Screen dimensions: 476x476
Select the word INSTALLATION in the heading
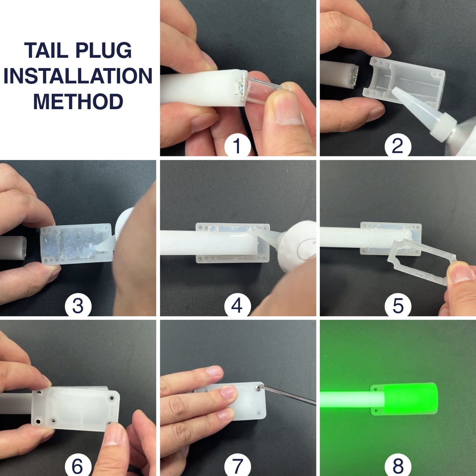pyautogui.click(x=78, y=76)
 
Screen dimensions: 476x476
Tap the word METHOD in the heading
pyautogui.click(x=78, y=102)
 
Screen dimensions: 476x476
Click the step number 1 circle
pyautogui.click(x=237, y=146)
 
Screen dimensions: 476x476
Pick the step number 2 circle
pyautogui.click(x=398, y=146)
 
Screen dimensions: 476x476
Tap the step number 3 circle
pyautogui.click(x=78, y=306)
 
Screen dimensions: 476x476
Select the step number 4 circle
pyautogui.click(x=237, y=306)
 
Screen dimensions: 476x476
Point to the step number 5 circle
pyautogui.click(x=398, y=306)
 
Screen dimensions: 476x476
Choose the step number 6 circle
pyautogui.click(x=78, y=465)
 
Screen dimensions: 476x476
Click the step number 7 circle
pyautogui.click(x=237, y=465)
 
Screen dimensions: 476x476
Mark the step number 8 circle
pyautogui.click(x=398, y=465)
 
